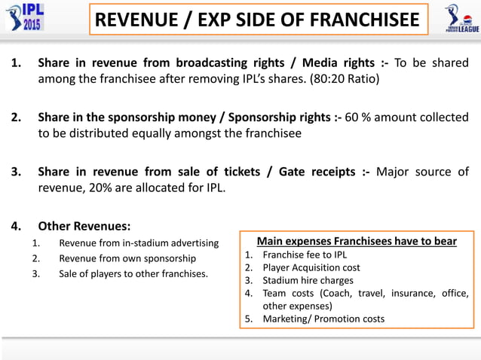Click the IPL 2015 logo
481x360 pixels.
24,17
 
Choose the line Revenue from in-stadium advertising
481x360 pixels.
139,243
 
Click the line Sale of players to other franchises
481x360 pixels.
133,273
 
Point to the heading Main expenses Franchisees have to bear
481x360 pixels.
357,241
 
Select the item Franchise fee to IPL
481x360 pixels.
305,255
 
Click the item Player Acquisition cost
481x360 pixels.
311,267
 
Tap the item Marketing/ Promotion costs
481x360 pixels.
323,319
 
